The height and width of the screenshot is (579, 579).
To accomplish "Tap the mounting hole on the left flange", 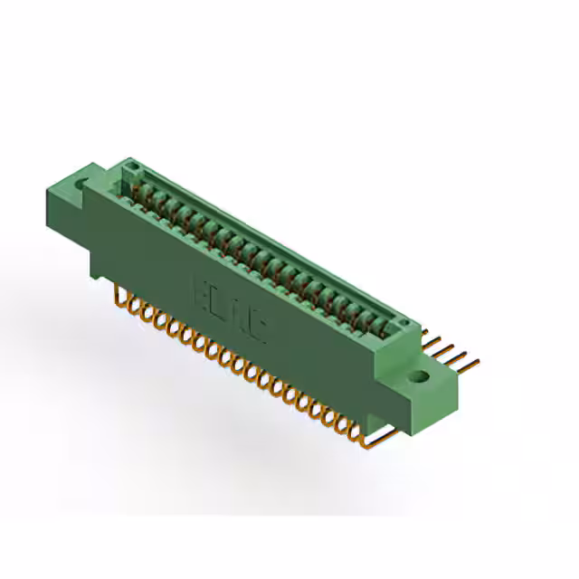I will click(x=84, y=185).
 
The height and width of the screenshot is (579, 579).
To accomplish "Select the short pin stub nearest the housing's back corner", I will click(x=423, y=331).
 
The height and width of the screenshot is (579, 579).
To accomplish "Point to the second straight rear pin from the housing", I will click(x=438, y=341).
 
